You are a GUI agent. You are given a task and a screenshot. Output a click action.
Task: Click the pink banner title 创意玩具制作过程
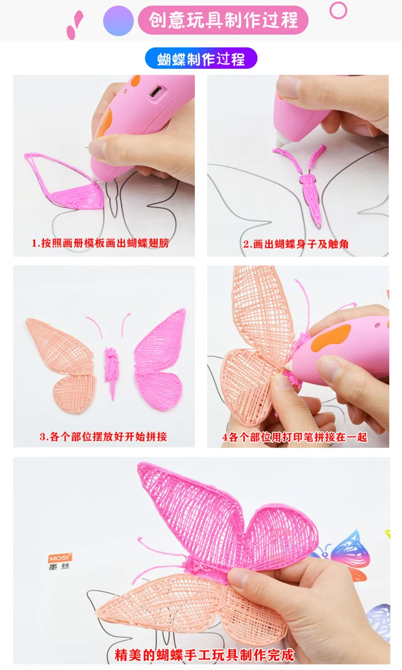tap(223, 20)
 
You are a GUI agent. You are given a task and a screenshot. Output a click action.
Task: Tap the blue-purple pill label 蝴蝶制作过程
tap(201, 58)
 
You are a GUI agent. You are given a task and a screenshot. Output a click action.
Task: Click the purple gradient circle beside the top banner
tap(119, 21)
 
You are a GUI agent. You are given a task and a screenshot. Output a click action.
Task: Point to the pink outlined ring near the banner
tap(338, 11)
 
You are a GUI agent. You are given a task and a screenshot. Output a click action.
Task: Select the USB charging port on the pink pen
tap(156, 91)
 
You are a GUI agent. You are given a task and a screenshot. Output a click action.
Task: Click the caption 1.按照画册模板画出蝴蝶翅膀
tap(100, 243)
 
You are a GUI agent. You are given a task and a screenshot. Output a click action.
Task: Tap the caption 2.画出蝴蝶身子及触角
tap(296, 244)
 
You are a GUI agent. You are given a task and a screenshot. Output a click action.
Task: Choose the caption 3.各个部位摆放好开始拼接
tap(103, 437)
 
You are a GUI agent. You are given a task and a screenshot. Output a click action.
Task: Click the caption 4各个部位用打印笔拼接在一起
tap(294, 437)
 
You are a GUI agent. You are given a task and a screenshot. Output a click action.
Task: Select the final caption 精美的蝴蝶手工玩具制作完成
tap(205, 655)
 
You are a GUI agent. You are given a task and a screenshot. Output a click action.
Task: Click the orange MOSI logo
tap(60, 558)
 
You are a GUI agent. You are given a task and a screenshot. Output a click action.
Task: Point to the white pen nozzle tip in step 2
tap(281, 140)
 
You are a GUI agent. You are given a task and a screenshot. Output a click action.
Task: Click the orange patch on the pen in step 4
tap(331, 338)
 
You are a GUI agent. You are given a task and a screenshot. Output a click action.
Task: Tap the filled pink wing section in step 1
tap(78, 196)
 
